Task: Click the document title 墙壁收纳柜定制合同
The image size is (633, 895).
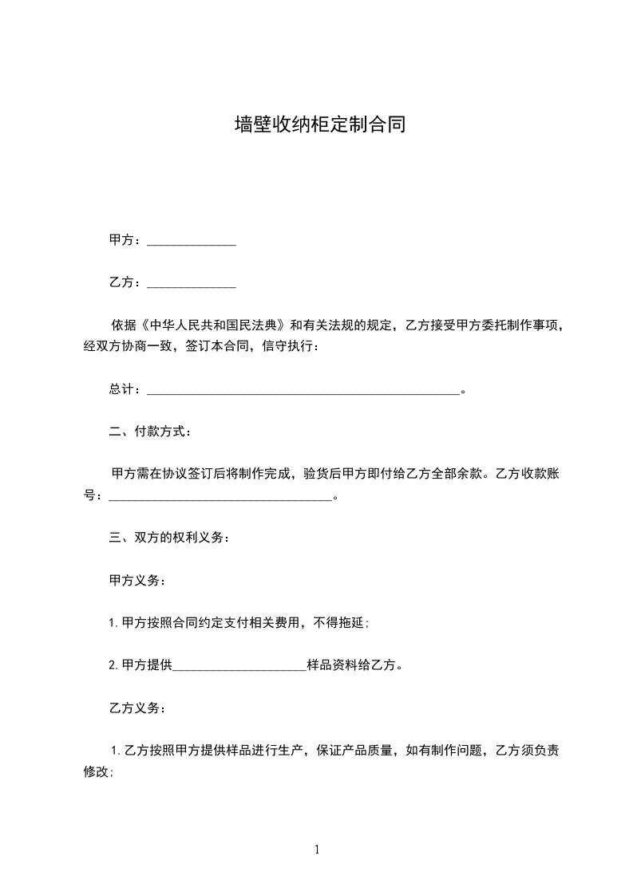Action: pyautogui.click(x=316, y=124)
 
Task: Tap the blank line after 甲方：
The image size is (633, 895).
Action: pyautogui.click(x=192, y=241)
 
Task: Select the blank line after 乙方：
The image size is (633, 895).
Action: pyautogui.click(x=192, y=283)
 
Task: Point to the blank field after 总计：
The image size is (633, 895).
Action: pyautogui.click(x=303, y=390)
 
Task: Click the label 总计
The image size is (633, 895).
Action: pyautogui.click(x=121, y=390)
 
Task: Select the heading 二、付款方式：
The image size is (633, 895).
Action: pyautogui.click(x=150, y=432)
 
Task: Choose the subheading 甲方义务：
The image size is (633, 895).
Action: pyautogui.click(x=137, y=581)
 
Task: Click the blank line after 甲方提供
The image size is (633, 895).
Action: pyautogui.click(x=239, y=666)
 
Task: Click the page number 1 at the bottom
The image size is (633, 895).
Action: pyautogui.click(x=317, y=850)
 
